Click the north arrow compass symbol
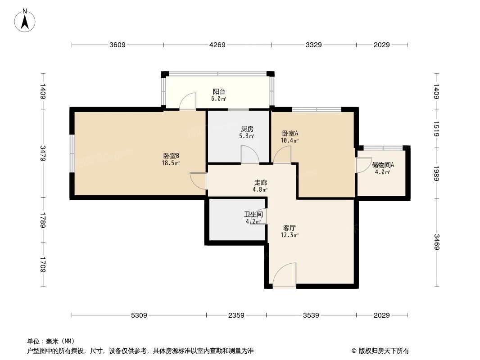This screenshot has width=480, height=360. point(26,20)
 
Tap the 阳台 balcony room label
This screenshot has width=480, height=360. point(219,92)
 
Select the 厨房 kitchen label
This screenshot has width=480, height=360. point(246,129)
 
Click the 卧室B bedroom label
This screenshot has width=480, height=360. point(171,156)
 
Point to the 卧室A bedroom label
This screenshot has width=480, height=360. point(290,134)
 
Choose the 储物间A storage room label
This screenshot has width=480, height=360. point(383,165)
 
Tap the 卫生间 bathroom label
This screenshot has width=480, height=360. point(253,214)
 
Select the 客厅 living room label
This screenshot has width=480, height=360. point(290,228)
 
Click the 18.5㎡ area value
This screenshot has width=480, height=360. point(171,163)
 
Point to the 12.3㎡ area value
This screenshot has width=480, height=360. point(290,235)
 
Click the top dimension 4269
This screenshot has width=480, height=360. point(217,45)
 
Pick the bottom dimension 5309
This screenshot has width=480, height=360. point(139,315)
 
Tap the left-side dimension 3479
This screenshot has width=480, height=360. point(43,153)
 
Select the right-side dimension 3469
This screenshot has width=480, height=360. point(436,243)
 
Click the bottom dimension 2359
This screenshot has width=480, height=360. point(236,315)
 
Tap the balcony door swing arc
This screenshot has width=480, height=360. point(188,101)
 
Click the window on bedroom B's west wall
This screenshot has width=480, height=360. point(72,153)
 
